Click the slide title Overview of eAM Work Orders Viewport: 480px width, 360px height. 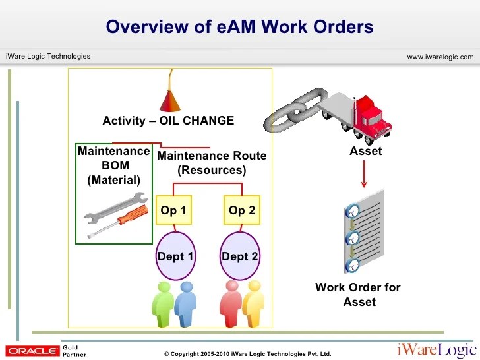click(x=239, y=27)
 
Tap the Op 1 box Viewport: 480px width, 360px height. click(x=173, y=211)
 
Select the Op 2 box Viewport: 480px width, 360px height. click(x=241, y=211)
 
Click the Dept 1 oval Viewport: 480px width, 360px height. click(x=175, y=256)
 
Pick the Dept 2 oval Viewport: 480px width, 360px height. click(x=240, y=256)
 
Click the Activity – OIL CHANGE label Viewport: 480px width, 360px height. click(x=168, y=121)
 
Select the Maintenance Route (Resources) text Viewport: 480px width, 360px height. click(x=212, y=163)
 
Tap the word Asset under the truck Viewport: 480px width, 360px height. click(x=365, y=151)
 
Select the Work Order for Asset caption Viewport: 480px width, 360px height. click(x=358, y=295)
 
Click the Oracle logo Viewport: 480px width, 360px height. click(x=32, y=350)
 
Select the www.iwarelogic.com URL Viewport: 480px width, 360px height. click(x=440, y=57)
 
